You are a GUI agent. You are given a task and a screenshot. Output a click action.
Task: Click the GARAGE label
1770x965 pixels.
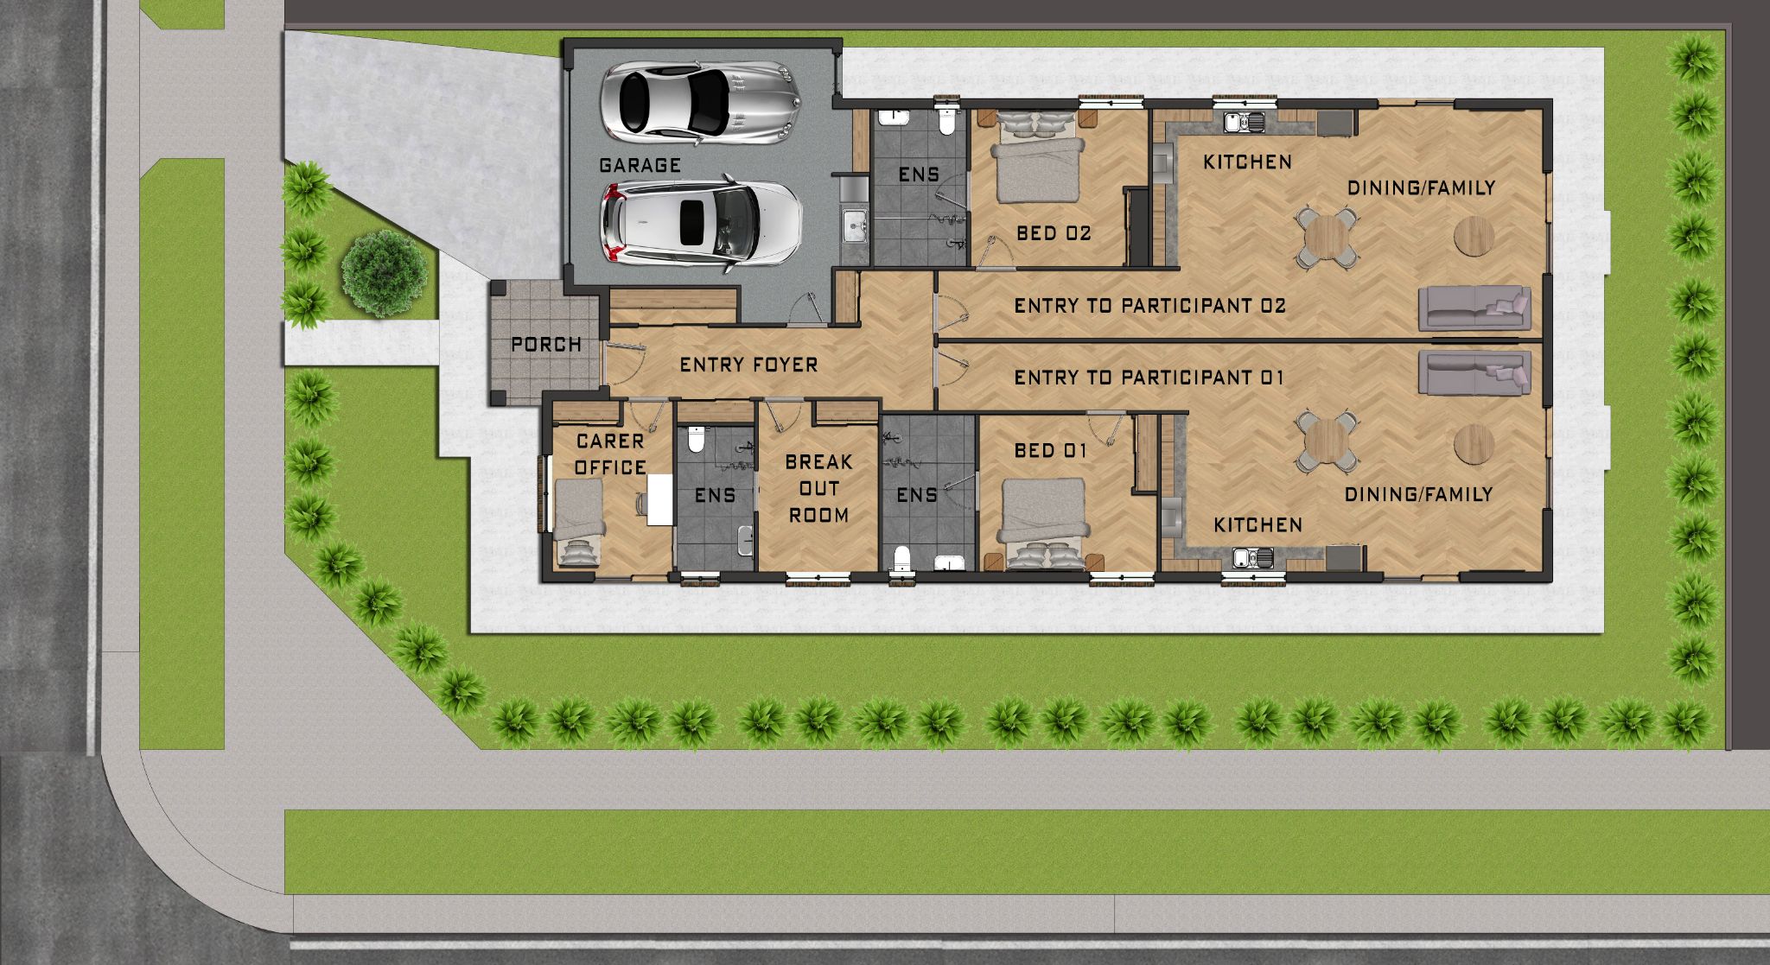click(x=640, y=165)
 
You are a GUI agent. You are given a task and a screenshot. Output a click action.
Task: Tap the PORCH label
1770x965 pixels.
click(x=546, y=345)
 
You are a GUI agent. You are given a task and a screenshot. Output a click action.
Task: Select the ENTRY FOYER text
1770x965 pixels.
click(x=748, y=365)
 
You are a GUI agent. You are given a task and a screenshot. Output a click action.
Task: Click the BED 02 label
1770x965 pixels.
click(x=1054, y=232)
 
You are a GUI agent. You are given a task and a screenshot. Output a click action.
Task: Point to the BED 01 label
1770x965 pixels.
click(x=1051, y=450)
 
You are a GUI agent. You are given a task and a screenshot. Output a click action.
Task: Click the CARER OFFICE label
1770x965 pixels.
click(x=610, y=454)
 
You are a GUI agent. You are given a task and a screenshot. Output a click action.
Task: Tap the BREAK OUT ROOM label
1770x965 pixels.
click(x=818, y=489)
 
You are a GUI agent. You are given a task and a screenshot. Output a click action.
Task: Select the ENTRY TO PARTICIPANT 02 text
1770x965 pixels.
click(x=1149, y=305)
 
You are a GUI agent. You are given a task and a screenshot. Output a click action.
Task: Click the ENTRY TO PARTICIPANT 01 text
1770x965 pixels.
click(x=1149, y=378)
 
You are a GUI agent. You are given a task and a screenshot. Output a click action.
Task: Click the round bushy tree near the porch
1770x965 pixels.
click(x=384, y=272)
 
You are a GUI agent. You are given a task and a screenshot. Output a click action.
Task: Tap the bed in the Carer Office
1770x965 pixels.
click(x=578, y=523)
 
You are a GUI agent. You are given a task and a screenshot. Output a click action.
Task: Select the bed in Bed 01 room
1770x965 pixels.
click(x=1045, y=524)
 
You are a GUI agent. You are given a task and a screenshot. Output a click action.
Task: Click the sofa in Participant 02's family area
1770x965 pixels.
click(x=1474, y=308)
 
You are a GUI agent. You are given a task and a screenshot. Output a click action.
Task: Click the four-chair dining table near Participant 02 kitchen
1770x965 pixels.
click(x=1326, y=236)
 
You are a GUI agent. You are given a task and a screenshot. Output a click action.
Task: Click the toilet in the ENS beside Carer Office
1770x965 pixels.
click(x=695, y=441)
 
